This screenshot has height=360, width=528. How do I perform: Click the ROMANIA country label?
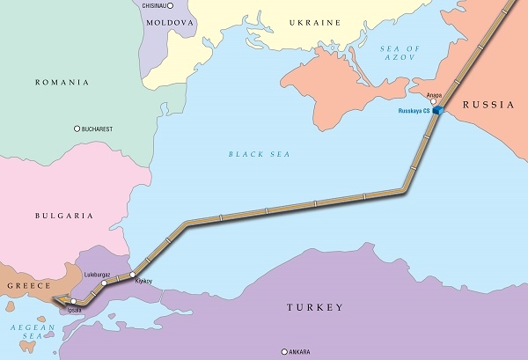pyautogui.click(x=62, y=82)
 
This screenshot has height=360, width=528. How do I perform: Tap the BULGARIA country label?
pyautogui.click(x=65, y=215)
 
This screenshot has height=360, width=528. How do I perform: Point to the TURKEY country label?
pyautogui.click(x=314, y=307)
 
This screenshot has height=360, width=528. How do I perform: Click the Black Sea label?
pyautogui.click(x=259, y=154)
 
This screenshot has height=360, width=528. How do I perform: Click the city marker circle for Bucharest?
pyautogui.click(x=77, y=129)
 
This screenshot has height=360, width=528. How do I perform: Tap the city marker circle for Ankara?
pyautogui.click(x=284, y=352)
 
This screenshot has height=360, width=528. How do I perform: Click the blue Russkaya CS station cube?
pyautogui.click(x=436, y=111)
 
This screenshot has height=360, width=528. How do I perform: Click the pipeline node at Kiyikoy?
pyautogui.click(x=133, y=275)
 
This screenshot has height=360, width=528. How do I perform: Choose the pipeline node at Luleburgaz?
pyautogui.click(x=104, y=283)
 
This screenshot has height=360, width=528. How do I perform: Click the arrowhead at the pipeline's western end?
pyautogui.click(x=55, y=301)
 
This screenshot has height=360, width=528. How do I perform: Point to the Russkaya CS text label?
pyautogui.click(x=411, y=112)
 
